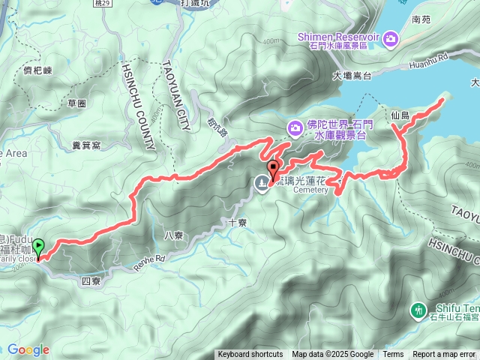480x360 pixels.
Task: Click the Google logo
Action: pos(28,349)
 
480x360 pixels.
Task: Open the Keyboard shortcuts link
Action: pos(250,355)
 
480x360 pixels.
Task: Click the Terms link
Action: pos(393,355)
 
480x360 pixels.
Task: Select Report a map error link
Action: pos(444,355)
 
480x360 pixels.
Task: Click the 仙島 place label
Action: pos(400,115)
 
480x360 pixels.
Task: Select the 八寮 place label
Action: pos(173,235)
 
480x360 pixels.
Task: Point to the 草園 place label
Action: pos(76,103)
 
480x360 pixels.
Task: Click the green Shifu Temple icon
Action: pos(418,310)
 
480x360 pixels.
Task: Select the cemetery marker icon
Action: pos(262,183)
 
